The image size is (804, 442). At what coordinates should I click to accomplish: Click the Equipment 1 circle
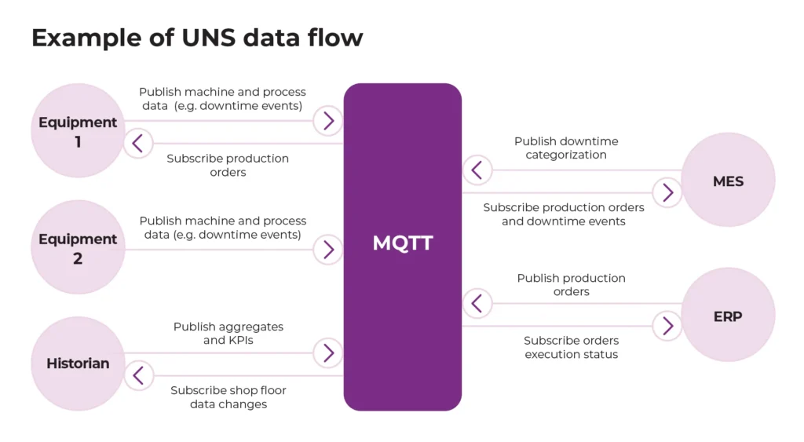78,131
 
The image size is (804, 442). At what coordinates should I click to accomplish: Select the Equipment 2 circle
78,248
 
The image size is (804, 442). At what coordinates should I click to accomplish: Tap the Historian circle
78,363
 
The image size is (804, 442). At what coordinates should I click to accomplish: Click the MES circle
728,181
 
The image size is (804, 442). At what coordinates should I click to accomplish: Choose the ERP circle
728,316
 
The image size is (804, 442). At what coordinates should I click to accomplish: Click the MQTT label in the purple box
402,243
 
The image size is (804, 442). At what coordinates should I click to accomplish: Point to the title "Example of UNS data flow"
197,37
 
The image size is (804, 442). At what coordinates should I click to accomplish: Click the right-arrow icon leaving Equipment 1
328,121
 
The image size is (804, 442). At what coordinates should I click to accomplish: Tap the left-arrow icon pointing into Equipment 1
138,144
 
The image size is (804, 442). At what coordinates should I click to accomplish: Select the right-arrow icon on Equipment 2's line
328,250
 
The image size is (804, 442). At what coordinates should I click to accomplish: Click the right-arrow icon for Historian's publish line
328,353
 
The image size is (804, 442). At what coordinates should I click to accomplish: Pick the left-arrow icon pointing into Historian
138,376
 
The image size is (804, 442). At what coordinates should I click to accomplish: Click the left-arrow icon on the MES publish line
477,170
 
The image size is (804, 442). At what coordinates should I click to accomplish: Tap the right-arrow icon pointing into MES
667,192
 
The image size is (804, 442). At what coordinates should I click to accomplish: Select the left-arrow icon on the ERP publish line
477,303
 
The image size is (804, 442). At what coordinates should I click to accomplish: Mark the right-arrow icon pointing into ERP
667,326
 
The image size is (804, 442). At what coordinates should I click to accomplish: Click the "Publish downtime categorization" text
566,148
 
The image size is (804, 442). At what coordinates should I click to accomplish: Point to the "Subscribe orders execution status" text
571,348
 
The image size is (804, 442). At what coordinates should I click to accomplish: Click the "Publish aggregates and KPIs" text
228,333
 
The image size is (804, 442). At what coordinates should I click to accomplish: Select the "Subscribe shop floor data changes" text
228,397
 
